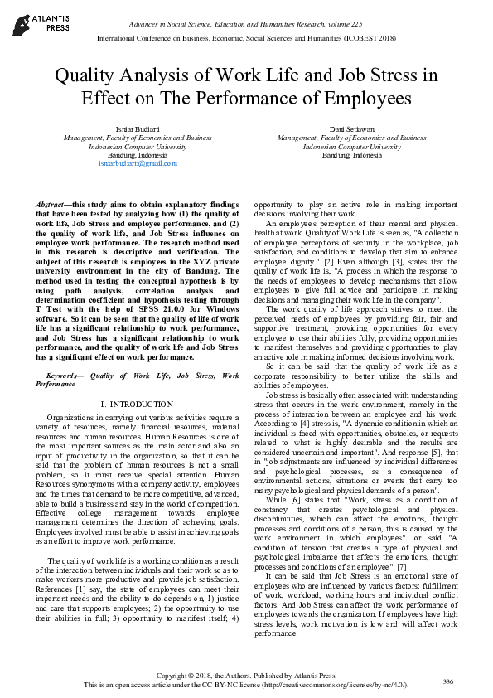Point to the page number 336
click(447, 681)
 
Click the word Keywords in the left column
click(62, 376)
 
